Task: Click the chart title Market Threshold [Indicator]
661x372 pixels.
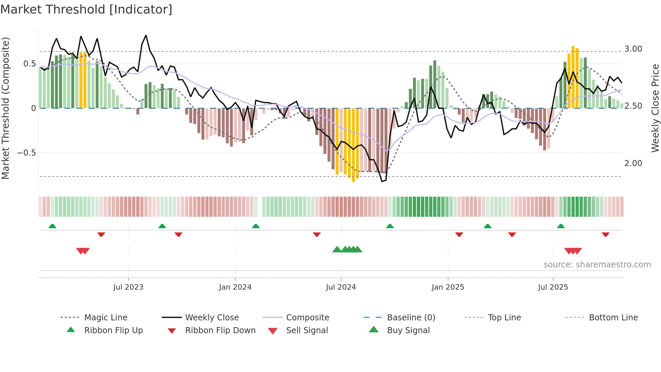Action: [86, 9]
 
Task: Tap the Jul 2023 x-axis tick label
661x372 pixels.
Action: [128, 287]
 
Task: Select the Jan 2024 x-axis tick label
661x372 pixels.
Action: [235, 287]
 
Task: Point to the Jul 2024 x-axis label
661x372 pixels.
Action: [341, 287]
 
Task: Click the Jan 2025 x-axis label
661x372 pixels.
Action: [448, 287]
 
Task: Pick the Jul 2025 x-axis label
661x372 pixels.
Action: [553, 287]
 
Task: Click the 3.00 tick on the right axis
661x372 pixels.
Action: [633, 49]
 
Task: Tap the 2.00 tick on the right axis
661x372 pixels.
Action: [633, 163]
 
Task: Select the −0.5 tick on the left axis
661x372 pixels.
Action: [26, 153]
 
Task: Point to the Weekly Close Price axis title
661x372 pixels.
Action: [655, 108]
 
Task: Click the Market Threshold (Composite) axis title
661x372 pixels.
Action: [5, 108]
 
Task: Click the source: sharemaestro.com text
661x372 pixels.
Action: [597, 265]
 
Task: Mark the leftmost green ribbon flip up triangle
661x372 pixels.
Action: [52, 226]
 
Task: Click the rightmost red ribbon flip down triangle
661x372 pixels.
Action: [605, 234]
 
